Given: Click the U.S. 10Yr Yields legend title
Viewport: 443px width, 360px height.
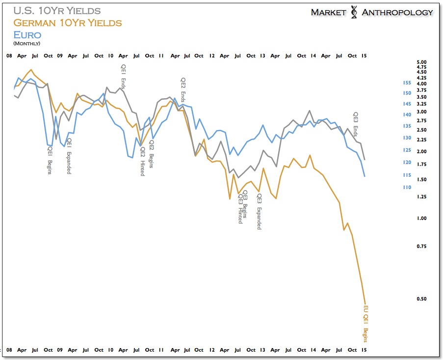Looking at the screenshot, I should click(x=57, y=11).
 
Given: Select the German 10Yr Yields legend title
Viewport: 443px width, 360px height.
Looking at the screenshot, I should click(x=67, y=23).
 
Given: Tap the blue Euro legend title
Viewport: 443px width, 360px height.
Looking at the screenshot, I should click(x=27, y=34).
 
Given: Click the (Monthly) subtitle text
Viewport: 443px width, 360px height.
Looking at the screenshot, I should click(x=26, y=44).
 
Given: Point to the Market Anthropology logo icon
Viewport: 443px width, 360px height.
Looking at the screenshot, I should click(x=354, y=12).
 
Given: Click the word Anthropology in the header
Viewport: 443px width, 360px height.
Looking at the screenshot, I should click(x=397, y=12).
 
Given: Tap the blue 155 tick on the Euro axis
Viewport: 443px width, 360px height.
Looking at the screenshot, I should click(x=407, y=83).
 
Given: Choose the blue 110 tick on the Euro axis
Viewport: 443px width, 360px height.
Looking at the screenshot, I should click(x=407, y=187).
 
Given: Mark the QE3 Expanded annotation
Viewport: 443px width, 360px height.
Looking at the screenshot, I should click(x=259, y=212).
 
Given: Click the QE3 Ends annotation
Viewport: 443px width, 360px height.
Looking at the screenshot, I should click(x=356, y=124).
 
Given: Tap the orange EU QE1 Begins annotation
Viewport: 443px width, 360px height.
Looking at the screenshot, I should click(x=365, y=324).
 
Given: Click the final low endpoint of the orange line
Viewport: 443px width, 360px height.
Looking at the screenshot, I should click(x=365, y=304).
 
